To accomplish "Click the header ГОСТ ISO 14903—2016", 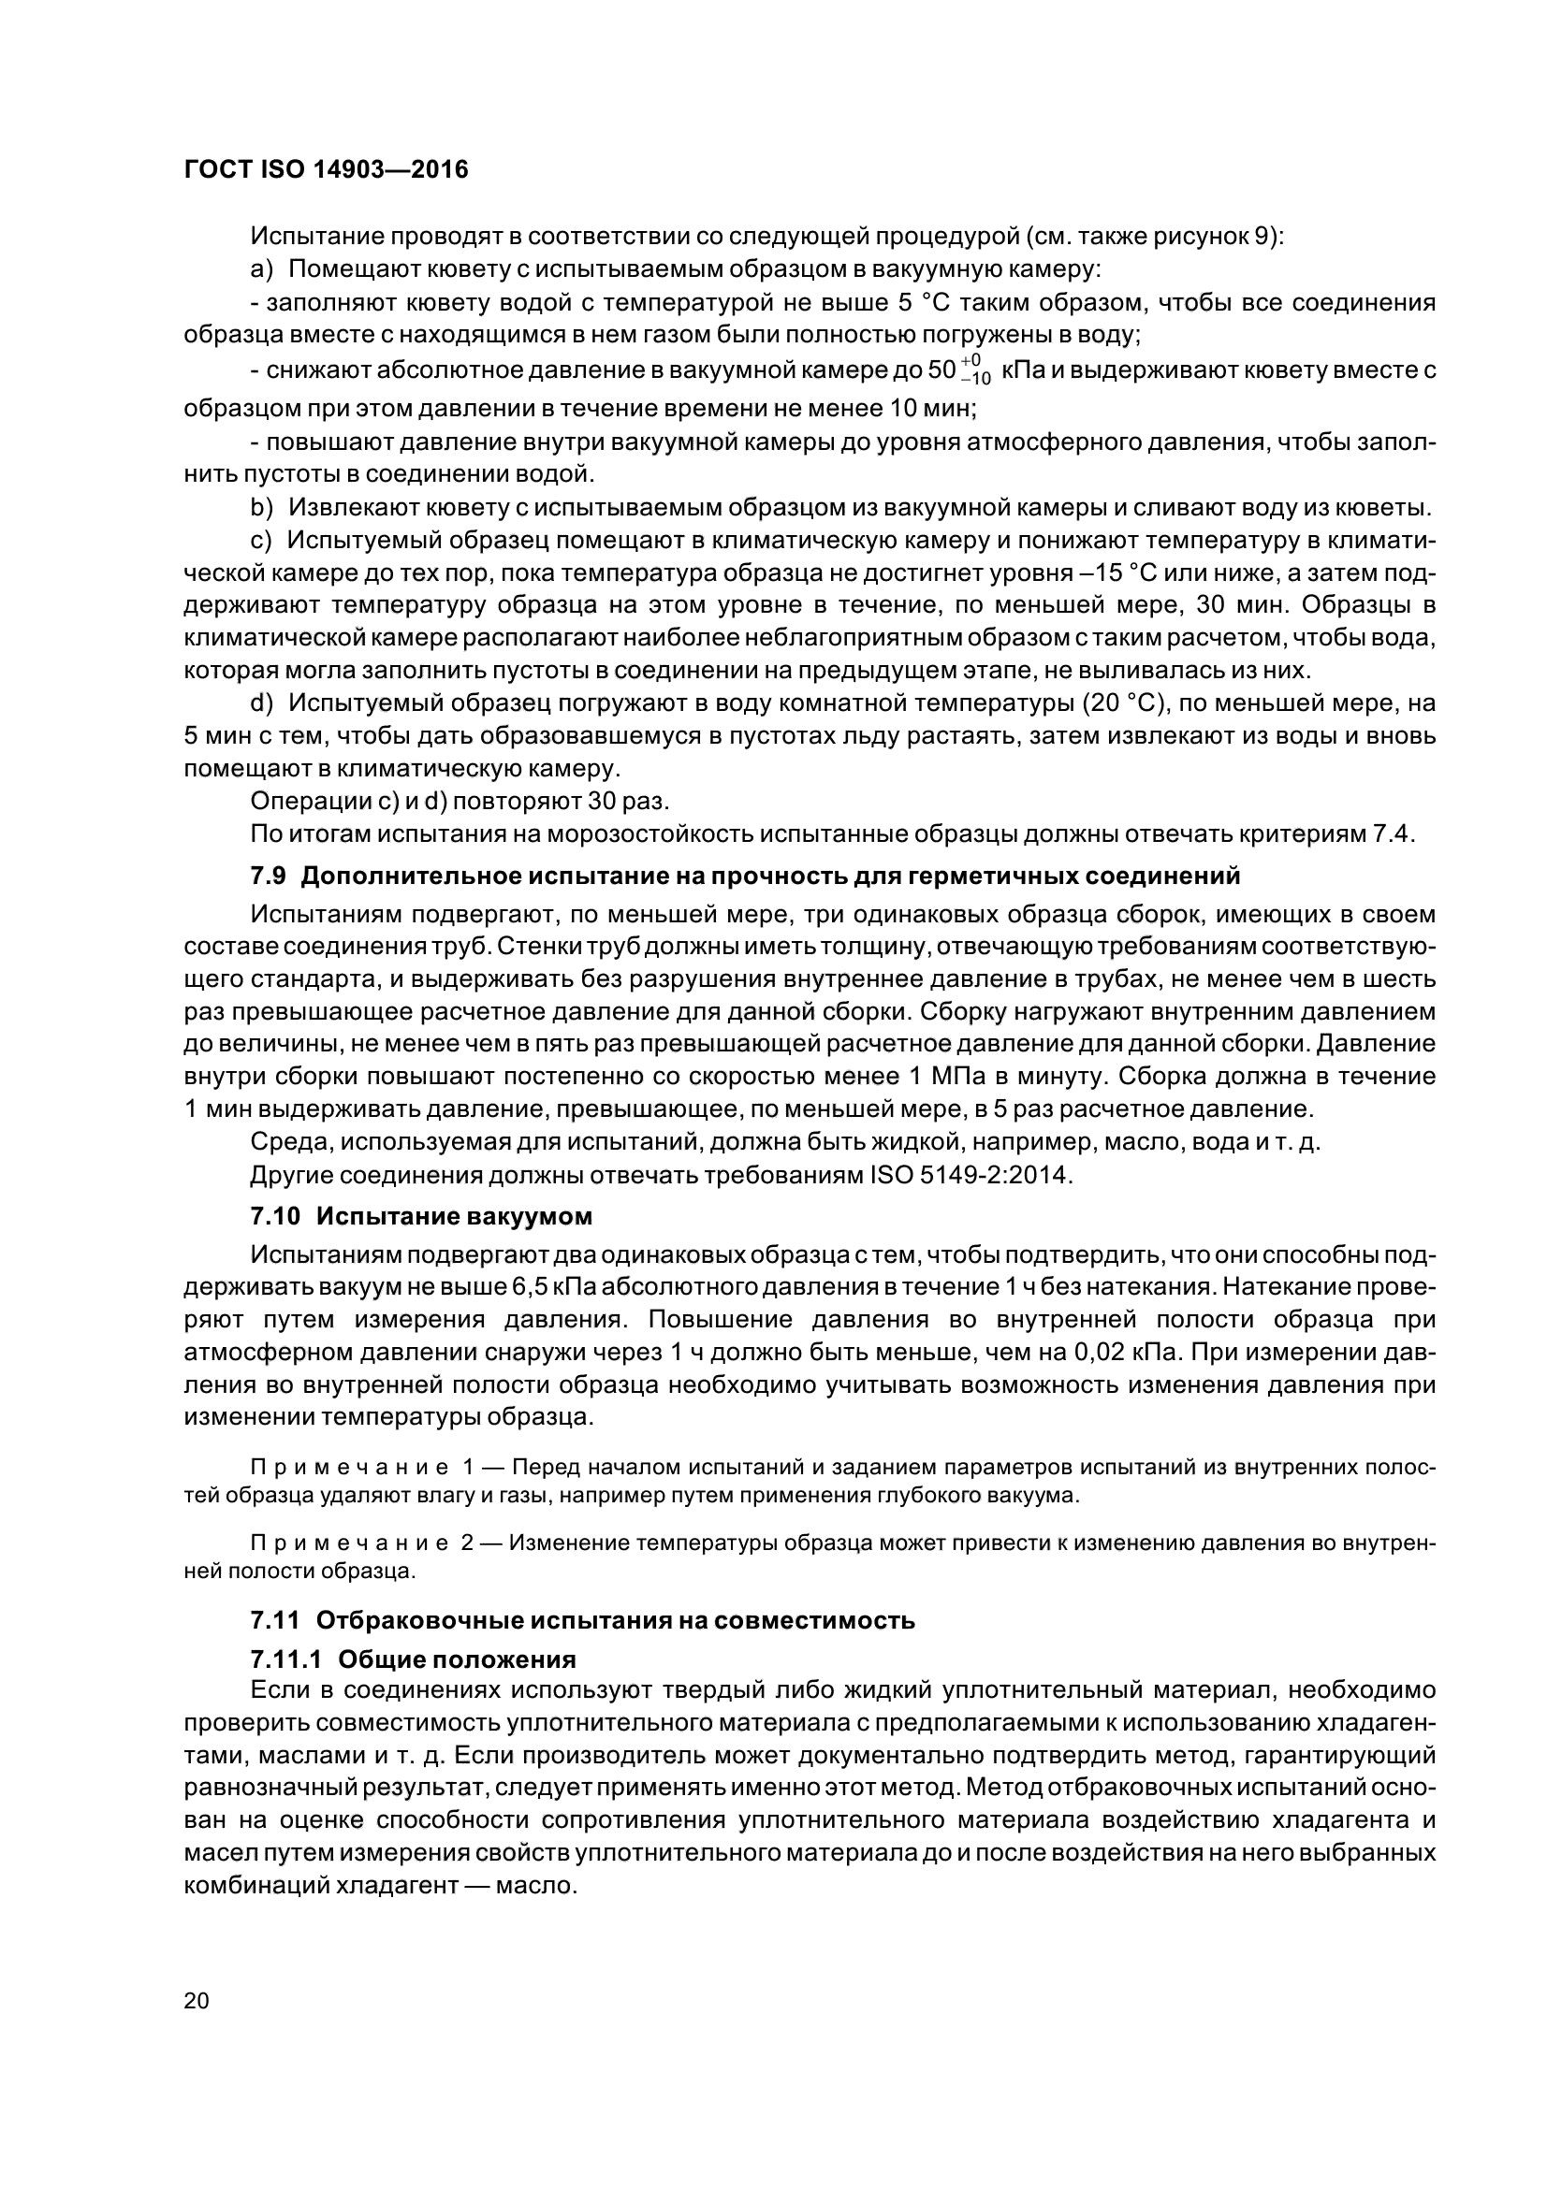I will pos(326,170).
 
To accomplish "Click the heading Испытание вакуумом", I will pos(454,1217).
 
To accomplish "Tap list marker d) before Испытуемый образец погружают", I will pos(262,704).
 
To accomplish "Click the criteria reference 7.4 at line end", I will pos(1393,833).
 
